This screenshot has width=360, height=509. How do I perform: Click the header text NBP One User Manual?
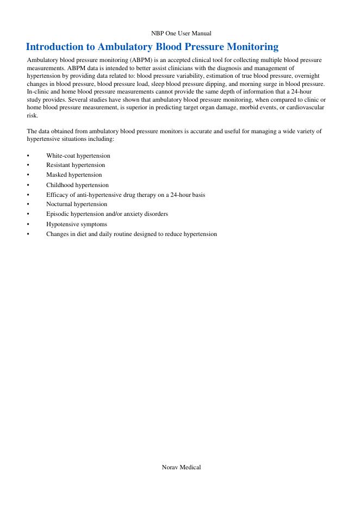(x=181, y=34)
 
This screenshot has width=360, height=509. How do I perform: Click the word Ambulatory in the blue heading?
(x=127, y=47)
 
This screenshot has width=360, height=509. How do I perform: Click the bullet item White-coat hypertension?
(x=78, y=156)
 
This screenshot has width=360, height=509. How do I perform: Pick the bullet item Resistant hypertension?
(x=76, y=165)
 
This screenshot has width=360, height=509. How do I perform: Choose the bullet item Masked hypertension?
(x=74, y=175)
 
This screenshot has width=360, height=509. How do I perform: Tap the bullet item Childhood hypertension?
(x=77, y=185)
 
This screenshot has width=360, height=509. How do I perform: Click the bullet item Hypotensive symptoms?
(x=76, y=224)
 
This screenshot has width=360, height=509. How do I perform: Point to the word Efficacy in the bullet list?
(x=57, y=195)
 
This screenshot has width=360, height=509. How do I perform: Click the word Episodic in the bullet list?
(x=57, y=214)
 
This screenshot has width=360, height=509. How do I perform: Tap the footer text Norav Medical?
(x=181, y=467)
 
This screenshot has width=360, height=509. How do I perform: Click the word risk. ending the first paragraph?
(x=32, y=116)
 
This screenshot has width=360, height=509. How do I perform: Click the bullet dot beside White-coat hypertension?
(x=28, y=156)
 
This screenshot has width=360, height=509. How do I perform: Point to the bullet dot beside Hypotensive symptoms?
(x=28, y=225)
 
